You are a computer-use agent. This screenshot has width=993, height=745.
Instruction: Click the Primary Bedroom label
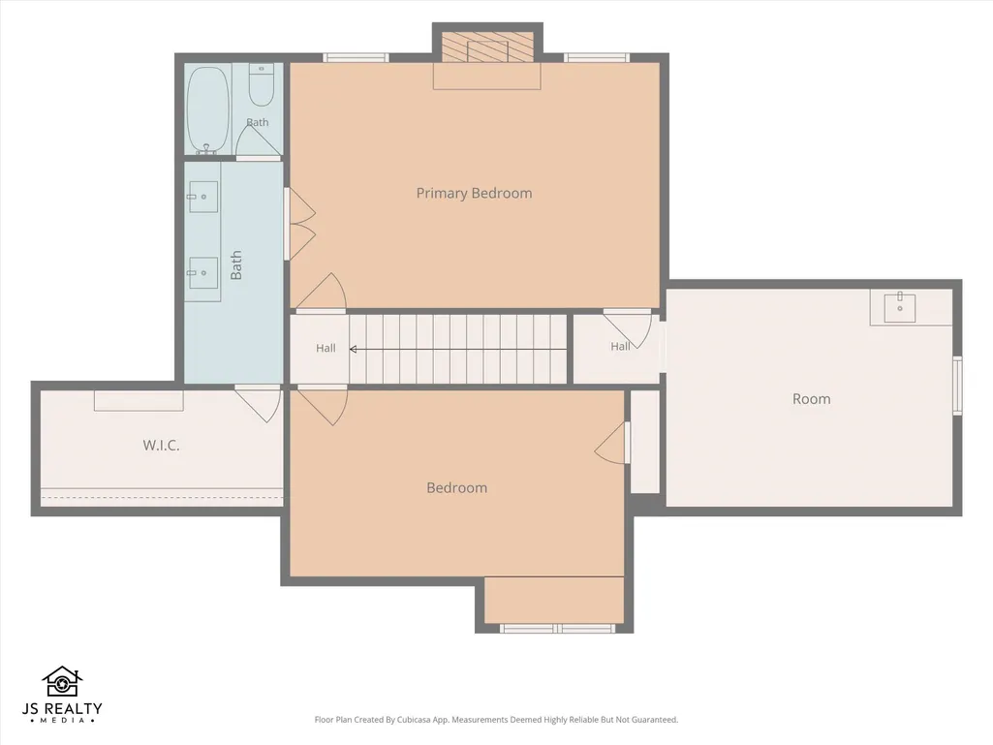pyautogui.click(x=474, y=193)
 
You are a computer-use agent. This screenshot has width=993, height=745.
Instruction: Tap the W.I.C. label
pyautogui.click(x=161, y=446)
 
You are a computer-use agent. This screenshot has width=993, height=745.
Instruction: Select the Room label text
pyautogui.click(x=811, y=399)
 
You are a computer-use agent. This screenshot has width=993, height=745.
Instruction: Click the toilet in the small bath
pyautogui.click(x=261, y=84)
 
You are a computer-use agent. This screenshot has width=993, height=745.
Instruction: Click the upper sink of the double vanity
pyautogui.click(x=203, y=197)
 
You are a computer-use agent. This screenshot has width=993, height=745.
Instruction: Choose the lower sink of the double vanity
pyautogui.click(x=203, y=273)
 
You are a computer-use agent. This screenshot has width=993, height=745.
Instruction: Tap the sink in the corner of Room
pyautogui.click(x=899, y=307)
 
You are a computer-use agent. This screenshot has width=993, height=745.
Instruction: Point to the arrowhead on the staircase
pyautogui.click(x=353, y=349)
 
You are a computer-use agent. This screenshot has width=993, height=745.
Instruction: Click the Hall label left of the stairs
pyautogui.click(x=326, y=348)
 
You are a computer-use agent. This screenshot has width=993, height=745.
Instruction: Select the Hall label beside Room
pyautogui.click(x=620, y=347)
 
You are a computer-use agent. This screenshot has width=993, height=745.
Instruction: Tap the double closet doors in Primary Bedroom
pyautogui.click(x=299, y=224)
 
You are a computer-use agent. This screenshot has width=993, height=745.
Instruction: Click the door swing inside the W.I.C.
pyautogui.click(x=260, y=404)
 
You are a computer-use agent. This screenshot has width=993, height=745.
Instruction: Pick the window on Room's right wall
pyautogui.click(x=957, y=386)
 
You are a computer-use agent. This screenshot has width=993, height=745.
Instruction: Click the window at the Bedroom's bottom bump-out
pyautogui.click(x=557, y=629)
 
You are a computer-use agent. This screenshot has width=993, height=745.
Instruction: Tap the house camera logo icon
pyautogui.click(x=62, y=682)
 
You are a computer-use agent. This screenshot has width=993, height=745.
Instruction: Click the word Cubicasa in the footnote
pyautogui.click(x=413, y=720)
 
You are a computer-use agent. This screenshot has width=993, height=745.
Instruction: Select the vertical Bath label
pyautogui.click(x=236, y=264)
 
